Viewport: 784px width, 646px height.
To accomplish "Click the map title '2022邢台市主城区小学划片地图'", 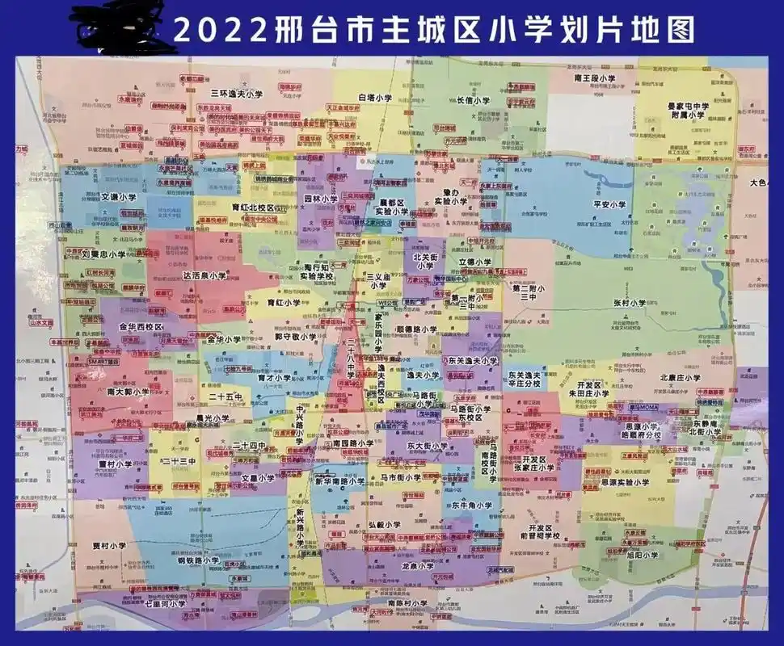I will click(434, 30).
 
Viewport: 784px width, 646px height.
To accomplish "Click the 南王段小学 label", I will click(595, 78).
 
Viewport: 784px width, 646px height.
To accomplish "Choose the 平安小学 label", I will click(610, 205).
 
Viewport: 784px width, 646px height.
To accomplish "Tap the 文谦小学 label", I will click(119, 197).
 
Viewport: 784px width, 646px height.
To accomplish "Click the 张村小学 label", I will click(630, 303).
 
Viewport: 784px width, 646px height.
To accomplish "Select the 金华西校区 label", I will click(141, 328).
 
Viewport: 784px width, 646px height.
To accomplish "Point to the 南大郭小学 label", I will click(128, 391).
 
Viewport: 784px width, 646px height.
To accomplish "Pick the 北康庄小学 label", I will click(680, 377).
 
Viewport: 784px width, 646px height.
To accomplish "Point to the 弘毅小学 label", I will click(384, 524).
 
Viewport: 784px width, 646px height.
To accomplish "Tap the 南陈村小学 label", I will click(407, 603).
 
